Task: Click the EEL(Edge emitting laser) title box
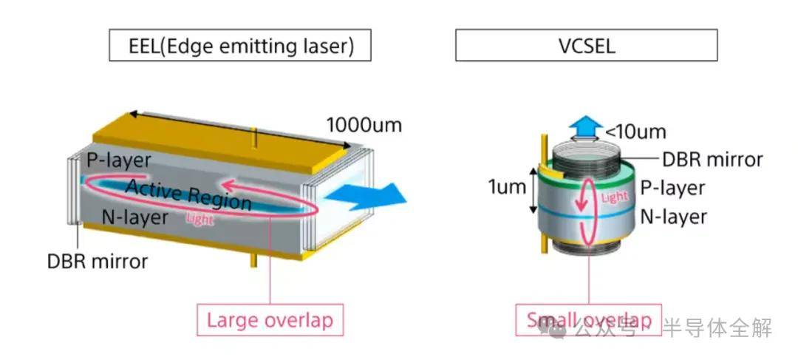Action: (240, 46)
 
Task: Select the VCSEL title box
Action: (586, 46)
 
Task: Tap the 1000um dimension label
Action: (364, 125)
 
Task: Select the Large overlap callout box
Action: (270, 320)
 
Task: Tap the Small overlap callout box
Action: (588, 320)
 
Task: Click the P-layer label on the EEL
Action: (119, 160)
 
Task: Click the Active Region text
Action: (188, 194)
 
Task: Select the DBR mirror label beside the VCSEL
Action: (712, 160)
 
